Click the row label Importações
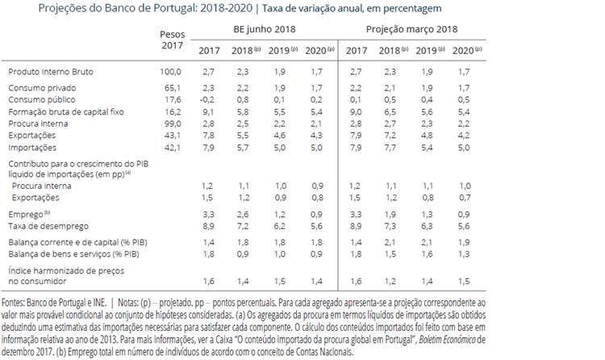pos(33,148)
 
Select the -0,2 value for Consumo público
pos(207,99)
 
